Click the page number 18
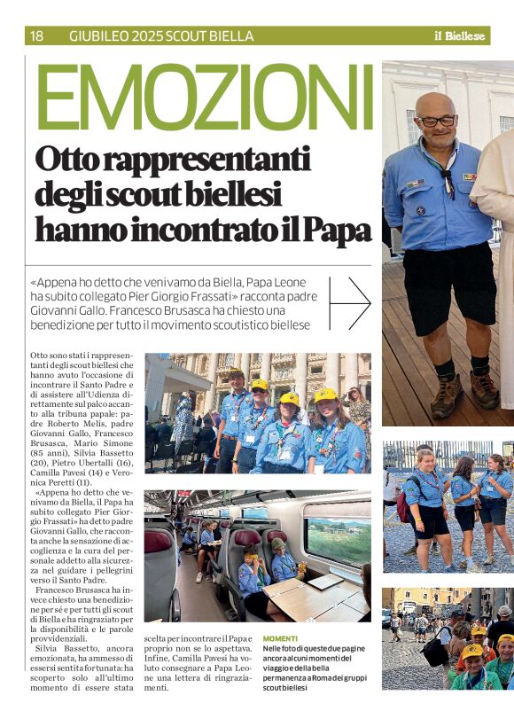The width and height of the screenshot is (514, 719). [36, 36]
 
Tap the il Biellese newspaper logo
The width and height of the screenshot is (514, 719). [459, 36]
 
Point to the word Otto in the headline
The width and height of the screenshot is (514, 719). [65, 160]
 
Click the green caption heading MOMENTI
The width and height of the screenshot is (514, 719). [280, 637]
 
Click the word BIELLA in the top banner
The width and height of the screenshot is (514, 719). [233, 36]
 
